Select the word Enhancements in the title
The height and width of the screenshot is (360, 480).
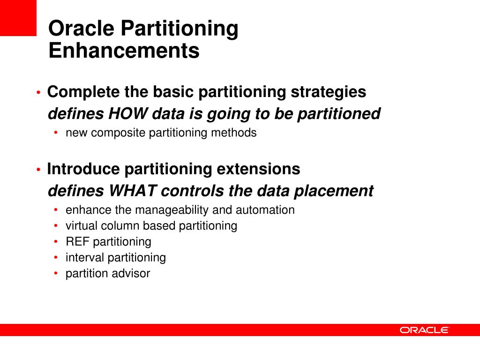point(124,51)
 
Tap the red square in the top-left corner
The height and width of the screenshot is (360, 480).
point(18,18)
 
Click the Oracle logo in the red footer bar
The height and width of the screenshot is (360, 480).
point(424,330)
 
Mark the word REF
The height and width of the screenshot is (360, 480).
point(77,242)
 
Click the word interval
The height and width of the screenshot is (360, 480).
point(85,258)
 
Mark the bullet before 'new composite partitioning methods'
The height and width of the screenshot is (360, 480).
point(56,133)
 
